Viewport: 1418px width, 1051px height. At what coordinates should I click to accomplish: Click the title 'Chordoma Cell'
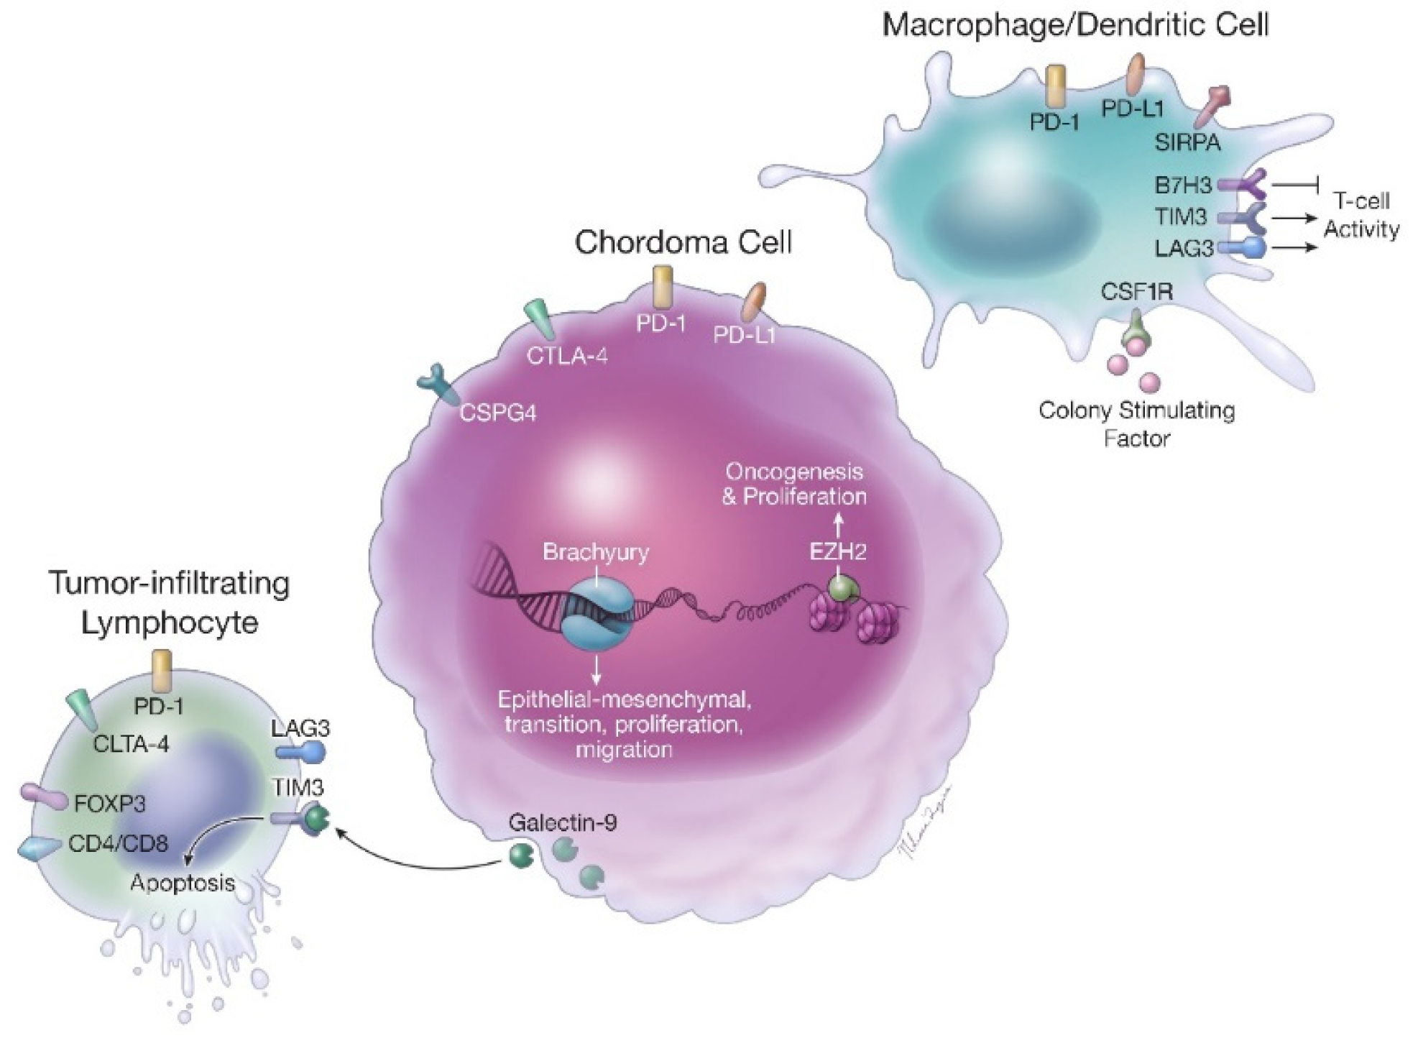coord(683,242)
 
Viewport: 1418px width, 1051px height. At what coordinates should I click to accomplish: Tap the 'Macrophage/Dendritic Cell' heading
coord(1075,25)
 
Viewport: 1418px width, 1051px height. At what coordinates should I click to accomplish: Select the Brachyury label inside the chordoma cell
coord(595,552)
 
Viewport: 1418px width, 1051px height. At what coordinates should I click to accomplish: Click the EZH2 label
coord(837,552)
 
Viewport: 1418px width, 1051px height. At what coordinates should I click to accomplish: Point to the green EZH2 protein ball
coord(843,588)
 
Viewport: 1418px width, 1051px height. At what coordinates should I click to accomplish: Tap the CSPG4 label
coord(498,413)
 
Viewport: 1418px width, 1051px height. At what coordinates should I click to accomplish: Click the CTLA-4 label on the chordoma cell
coord(567,355)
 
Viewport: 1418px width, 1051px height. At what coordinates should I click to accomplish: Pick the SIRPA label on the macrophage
coord(1187,142)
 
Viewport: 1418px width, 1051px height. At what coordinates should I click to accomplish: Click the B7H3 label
coord(1183,185)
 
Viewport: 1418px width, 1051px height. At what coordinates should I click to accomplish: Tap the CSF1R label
coord(1136,291)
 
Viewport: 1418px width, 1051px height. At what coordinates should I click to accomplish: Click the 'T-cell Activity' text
coord(1361,215)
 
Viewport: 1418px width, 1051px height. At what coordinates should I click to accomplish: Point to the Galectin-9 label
coord(562,822)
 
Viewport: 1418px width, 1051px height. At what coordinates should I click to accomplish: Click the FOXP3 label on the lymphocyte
coord(109,803)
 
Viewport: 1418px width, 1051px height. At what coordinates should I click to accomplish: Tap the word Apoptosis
coord(183,883)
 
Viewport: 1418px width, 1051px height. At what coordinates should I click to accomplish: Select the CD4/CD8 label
coord(118,843)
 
